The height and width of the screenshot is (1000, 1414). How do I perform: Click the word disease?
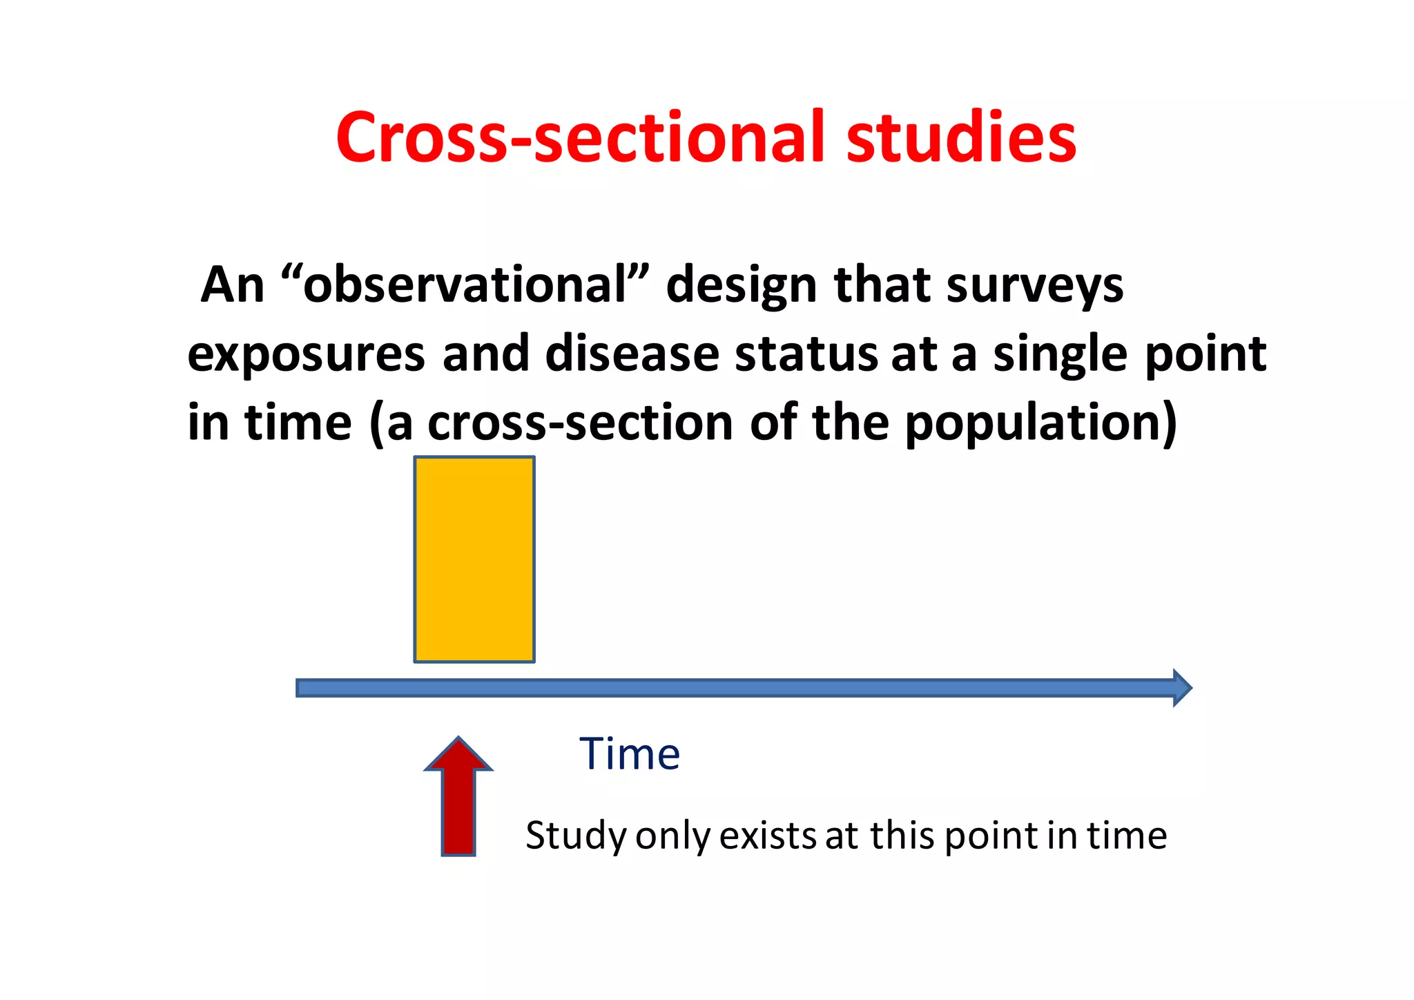click(632, 354)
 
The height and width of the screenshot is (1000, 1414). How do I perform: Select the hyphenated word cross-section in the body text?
click(580, 423)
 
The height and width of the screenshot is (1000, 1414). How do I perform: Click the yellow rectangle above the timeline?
click(474, 559)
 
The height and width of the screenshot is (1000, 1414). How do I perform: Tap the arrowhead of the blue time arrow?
click(1181, 687)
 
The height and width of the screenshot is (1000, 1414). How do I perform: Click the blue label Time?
click(630, 753)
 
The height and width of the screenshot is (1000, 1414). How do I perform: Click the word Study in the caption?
click(576, 836)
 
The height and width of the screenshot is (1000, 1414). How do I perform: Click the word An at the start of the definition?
click(233, 285)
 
